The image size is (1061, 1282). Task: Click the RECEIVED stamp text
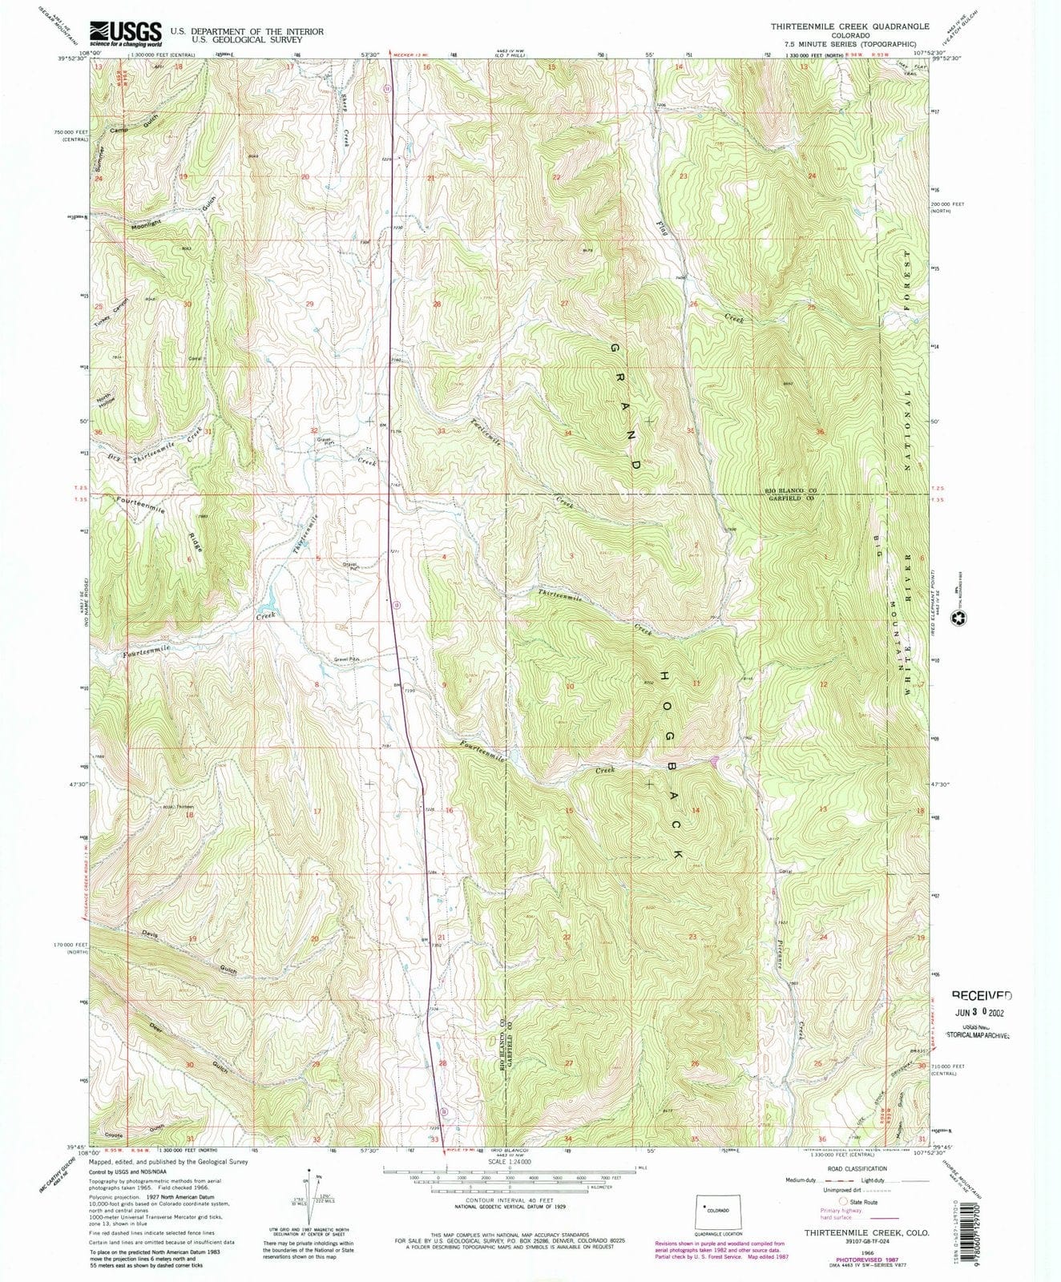982,995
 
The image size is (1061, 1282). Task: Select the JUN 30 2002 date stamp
981,1011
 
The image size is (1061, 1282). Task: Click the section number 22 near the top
555,177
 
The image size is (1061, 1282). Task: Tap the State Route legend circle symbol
843,1201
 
